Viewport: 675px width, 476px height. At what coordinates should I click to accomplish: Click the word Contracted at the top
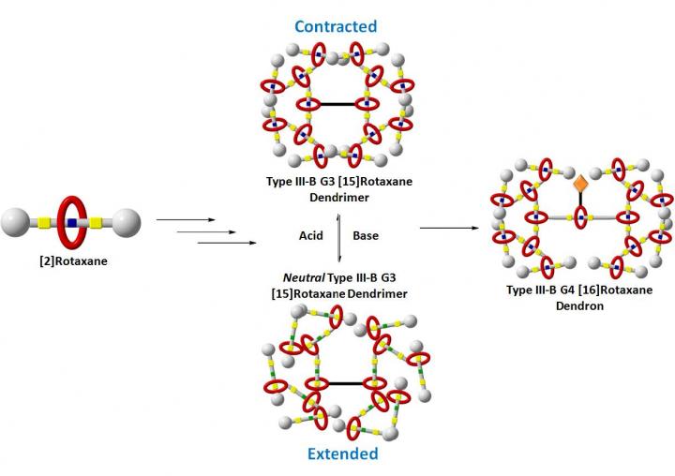pyautogui.click(x=337, y=25)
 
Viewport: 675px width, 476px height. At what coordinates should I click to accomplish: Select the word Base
pyautogui.click(x=366, y=235)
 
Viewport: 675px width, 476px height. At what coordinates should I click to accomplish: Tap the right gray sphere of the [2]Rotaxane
pyautogui.click(x=124, y=224)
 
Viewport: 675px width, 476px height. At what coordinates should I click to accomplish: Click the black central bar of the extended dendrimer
pyautogui.click(x=337, y=383)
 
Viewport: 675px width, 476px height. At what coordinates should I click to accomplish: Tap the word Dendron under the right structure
pyautogui.click(x=582, y=305)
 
